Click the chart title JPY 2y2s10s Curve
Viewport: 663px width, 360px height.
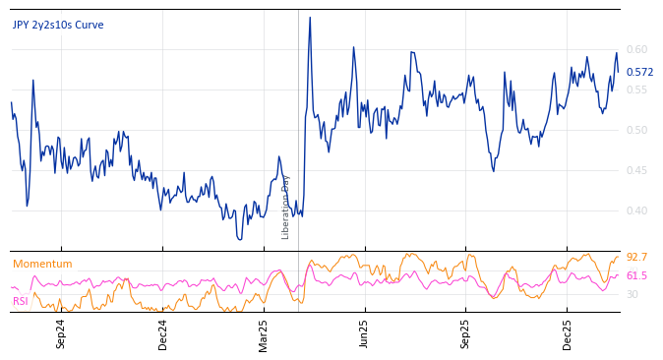coord(58,26)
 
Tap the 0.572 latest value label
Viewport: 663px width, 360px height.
coord(639,72)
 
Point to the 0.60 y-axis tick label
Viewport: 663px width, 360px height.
coord(637,49)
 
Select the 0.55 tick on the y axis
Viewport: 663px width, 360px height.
coord(637,90)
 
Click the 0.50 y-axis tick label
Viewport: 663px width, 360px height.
coord(637,130)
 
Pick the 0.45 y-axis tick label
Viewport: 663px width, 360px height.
coord(637,170)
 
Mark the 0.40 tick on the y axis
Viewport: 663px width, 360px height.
coord(637,210)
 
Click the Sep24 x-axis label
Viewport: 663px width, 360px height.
coord(61,333)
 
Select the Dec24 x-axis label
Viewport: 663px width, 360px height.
coord(163,333)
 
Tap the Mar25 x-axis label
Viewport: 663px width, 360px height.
coord(264,333)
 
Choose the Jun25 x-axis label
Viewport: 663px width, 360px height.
coord(365,333)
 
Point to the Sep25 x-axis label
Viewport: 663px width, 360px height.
coord(466,333)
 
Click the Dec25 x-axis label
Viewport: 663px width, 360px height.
coord(568,333)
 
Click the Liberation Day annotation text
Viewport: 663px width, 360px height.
coord(286,207)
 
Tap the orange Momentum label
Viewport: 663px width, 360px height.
coord(42,264)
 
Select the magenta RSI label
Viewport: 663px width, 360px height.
coord(20,301)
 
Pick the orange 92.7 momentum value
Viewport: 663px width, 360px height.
coord(636,258)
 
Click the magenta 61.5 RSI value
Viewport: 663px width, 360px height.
coord(636,276)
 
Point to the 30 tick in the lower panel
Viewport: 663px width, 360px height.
coord(633,294)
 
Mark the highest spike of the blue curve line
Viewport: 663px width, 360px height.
coord(310,18)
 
